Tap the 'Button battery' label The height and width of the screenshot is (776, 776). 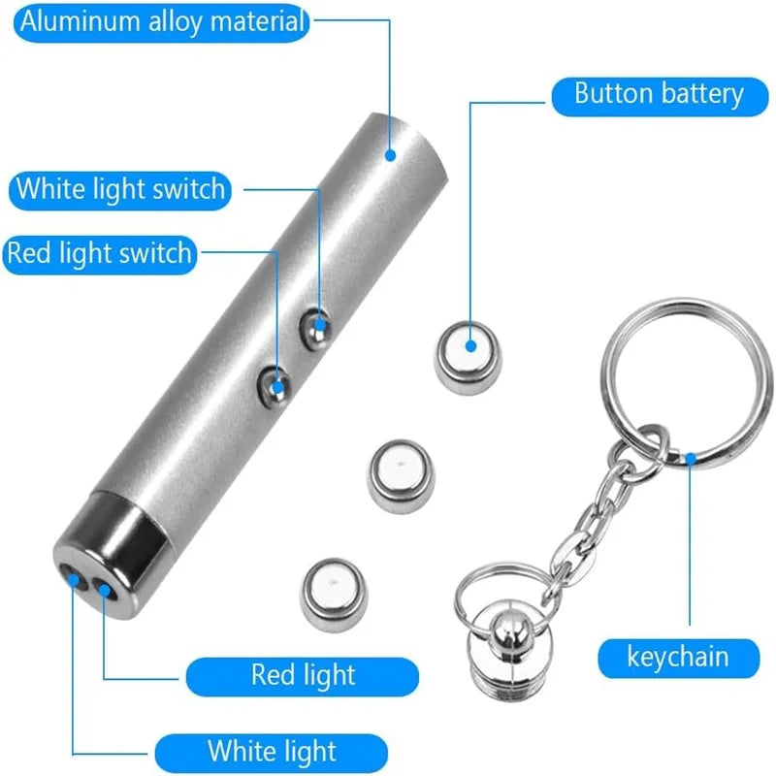[659, 95]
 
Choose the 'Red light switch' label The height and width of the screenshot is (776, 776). [99, 254]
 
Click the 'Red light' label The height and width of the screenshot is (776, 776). [303, 675]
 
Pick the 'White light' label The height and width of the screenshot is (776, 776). [271, 751]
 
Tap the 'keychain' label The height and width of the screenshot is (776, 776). [677, 658]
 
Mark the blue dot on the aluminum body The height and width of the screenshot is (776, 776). [391, 153]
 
